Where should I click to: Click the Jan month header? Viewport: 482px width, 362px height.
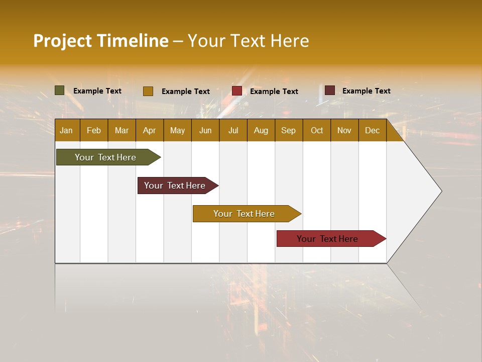(66, 130)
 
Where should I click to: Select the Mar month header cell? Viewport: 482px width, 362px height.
(122, 130)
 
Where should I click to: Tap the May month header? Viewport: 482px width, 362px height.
(177, 130)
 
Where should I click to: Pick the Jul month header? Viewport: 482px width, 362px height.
(233, 130)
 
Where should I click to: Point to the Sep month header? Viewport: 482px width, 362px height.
(288, 130)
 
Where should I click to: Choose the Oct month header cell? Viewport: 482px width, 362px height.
(317, 130)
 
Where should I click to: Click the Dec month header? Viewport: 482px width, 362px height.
(372, 130)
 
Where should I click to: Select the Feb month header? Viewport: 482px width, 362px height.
(94, 130)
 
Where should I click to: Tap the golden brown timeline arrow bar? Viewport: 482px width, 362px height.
(245, 214)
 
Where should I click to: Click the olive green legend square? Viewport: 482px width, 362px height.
(59, 90)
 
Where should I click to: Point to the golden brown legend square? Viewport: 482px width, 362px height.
(148, 91)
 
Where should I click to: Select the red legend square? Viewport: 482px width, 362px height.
(236, 90)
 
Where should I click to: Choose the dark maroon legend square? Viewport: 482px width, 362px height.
(329, 90)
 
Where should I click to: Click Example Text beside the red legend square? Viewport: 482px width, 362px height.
(274, 91)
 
